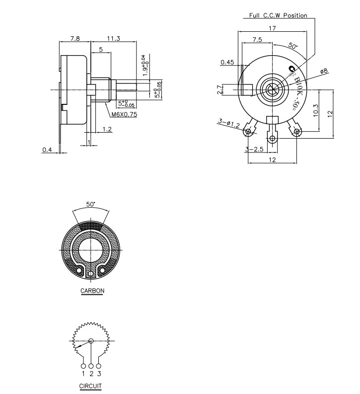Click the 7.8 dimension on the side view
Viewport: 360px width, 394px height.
(74, 38)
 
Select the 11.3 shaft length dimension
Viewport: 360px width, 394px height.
(113, 38)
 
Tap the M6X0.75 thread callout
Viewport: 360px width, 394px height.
(124, 114)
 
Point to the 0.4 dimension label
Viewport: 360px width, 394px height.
(47, 150)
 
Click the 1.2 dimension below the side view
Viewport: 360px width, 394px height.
(107, 129)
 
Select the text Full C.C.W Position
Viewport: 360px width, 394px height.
(278, 15)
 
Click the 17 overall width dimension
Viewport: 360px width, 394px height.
(272, 28)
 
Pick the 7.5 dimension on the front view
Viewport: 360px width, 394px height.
(257, 39)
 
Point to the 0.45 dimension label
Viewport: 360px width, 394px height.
(227, 62)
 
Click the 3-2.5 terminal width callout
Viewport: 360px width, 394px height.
(254, 149)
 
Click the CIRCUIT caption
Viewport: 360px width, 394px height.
(90, 386)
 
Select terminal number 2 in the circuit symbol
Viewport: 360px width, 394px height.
(91, 373)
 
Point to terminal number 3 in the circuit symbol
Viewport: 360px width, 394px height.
(99, 373)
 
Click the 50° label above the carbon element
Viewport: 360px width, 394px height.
(90, 204)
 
